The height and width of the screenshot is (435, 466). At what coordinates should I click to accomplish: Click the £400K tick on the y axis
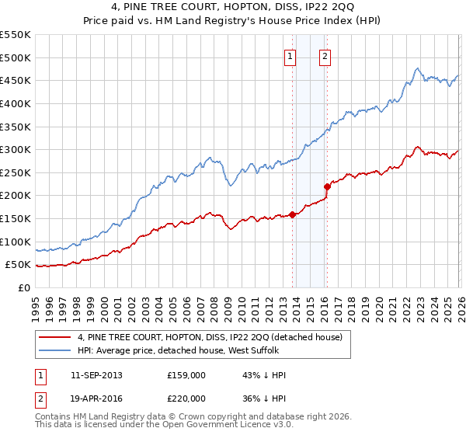point(17,103)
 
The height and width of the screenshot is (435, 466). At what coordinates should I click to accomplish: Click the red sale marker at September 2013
point(292,214)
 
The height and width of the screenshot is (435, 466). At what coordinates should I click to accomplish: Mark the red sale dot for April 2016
point(327,186)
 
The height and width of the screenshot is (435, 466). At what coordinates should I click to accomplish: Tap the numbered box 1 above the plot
point(290,55)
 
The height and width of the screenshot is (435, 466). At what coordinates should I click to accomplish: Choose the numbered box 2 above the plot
point(324,55)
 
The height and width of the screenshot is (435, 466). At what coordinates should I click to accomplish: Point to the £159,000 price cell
point(187,375)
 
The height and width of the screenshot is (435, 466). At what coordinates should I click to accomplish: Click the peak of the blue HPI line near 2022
point(417,68)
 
